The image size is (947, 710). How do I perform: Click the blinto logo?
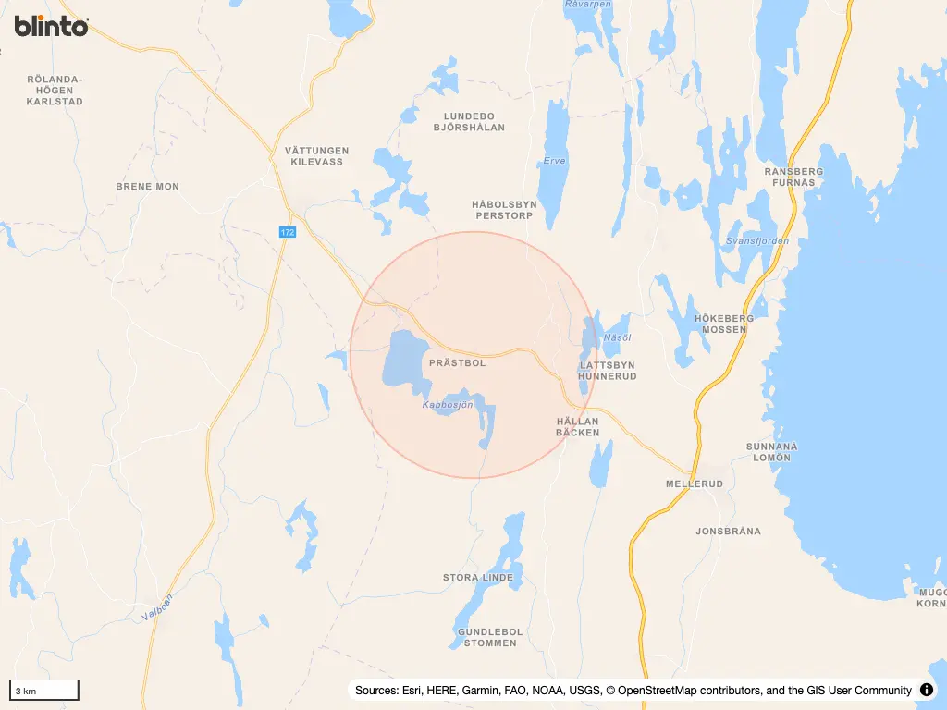(51, 26)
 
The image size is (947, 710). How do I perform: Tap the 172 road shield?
(287, 232)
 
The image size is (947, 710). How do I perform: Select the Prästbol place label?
(457, 363)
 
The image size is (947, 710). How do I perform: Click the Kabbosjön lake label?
(447, 405)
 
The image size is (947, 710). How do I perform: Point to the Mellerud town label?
(693, 484)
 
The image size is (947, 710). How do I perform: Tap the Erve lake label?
(554, 160)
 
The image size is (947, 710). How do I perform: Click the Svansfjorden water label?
(757, 240)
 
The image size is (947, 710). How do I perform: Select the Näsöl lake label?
(616, 338)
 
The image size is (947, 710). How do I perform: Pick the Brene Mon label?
(147, 187)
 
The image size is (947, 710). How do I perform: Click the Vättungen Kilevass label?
(316, 156)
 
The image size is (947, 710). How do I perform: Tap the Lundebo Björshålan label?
(469, 121)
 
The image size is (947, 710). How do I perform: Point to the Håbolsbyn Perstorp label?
(503, 210)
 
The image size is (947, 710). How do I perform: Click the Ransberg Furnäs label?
(793, 177)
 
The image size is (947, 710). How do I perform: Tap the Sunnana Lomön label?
(771, 452)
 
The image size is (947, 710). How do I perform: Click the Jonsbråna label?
(728, 532)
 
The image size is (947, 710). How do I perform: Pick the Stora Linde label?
(477, 578)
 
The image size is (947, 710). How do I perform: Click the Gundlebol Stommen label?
(489, 637)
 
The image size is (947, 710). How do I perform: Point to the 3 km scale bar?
(43, 690)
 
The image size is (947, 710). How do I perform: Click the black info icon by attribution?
(926, 690)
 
